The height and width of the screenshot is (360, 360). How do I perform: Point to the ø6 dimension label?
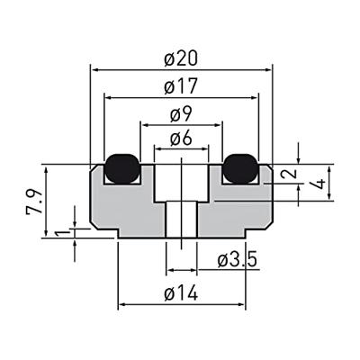(182, 139)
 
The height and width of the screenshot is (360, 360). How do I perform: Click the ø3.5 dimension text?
(238, 260)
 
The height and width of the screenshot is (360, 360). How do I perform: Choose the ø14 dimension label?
(182, 293)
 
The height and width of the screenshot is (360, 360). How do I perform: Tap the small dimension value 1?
(60, 233)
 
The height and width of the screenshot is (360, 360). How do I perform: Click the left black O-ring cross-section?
(121, 166)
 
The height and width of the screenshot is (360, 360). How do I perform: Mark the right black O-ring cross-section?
(240, 166)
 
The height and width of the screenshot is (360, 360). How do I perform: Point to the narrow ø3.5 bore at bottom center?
(182, 220)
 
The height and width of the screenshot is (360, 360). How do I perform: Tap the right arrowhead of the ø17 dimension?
(254, 96)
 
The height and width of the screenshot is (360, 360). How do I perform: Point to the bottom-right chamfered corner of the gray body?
(268, 221)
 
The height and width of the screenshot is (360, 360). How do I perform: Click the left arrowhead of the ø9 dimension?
(142, 123)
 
